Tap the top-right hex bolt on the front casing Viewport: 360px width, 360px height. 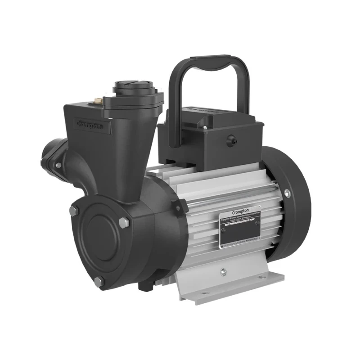click(123, 221)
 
